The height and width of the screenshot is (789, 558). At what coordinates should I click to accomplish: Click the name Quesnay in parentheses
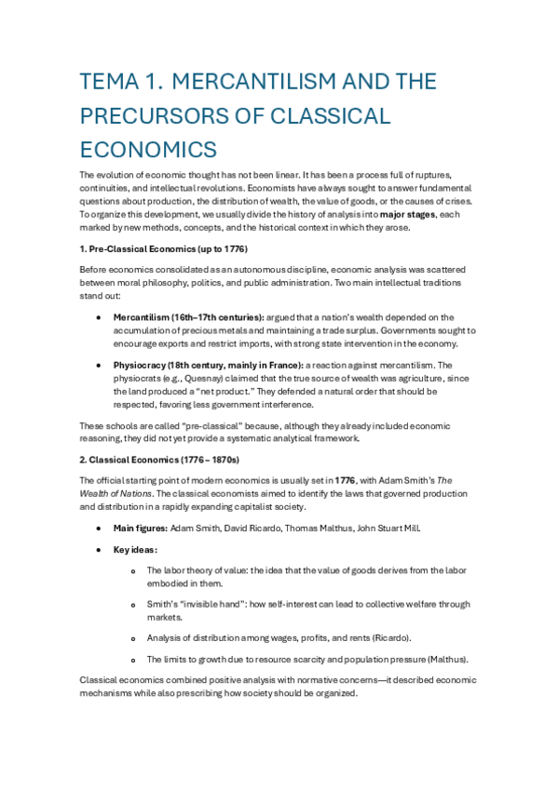tap(211, 379)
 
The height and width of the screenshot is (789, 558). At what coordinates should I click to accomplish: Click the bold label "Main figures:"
tap(140, 528)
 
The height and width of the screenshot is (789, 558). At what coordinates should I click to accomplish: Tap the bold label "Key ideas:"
tap(136, 549)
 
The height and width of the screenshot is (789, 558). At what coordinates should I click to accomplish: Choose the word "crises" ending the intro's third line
tap(456, 200)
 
